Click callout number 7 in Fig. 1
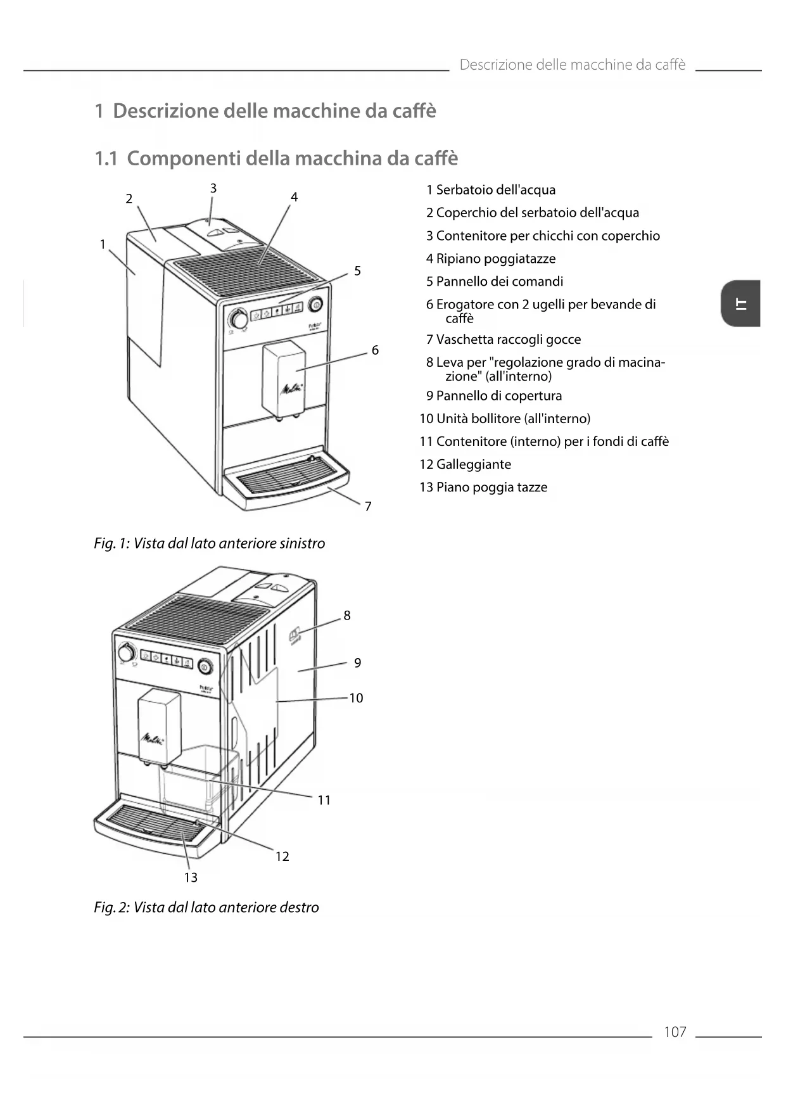point(368,506)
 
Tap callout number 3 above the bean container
point(213,188)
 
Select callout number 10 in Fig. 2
point(356,698)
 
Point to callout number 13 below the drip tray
point(191,877)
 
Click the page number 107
point(675,1032)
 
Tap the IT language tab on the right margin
point(740,303)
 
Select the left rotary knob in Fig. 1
point(239,319)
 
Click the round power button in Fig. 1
point(315,305)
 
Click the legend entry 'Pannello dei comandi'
point(499,281)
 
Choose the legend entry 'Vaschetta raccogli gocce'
point(508,340)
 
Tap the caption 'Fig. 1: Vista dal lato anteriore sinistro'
point(209,543)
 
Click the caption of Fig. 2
point(206,908)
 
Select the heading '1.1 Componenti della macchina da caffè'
point(276,158)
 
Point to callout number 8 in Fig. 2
point(347,615)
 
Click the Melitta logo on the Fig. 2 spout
point(153,739)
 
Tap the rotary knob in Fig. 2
point(127,652)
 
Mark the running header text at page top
point(572,65)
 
